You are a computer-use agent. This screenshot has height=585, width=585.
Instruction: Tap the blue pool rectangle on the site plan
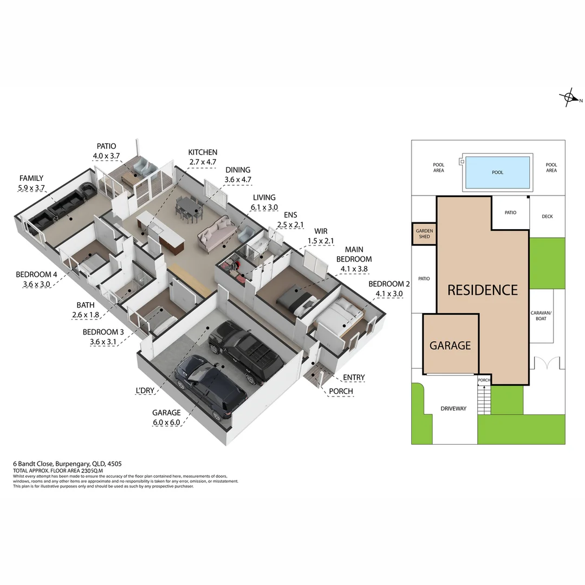(497, 172)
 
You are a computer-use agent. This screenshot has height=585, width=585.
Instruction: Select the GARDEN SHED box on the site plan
(424, 233)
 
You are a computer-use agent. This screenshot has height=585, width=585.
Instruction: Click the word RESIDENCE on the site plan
(482, 290)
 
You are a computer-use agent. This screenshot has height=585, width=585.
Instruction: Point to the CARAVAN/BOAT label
(541, 316)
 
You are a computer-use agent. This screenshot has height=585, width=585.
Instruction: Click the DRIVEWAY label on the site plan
(453, 408)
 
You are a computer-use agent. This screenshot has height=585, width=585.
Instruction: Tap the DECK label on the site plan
(547, 217)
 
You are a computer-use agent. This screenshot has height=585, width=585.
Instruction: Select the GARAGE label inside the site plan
(450, 346)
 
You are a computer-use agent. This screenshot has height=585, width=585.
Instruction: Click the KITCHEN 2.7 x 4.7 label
(203, 157)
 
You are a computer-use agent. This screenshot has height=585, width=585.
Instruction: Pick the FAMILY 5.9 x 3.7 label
(31, 183)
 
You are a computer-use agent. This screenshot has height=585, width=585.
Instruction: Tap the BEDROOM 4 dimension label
(36, 279)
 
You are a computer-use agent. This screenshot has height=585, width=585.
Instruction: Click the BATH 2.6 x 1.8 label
(85, 310)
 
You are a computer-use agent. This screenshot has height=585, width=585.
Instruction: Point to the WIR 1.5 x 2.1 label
(321, 236)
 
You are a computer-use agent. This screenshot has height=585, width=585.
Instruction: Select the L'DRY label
(147, 390)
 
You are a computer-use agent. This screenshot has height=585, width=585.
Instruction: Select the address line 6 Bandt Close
(67, 464)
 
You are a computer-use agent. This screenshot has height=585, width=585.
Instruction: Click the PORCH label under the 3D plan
(341, 391)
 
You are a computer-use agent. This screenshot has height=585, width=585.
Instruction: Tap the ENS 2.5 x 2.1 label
(290, 219)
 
